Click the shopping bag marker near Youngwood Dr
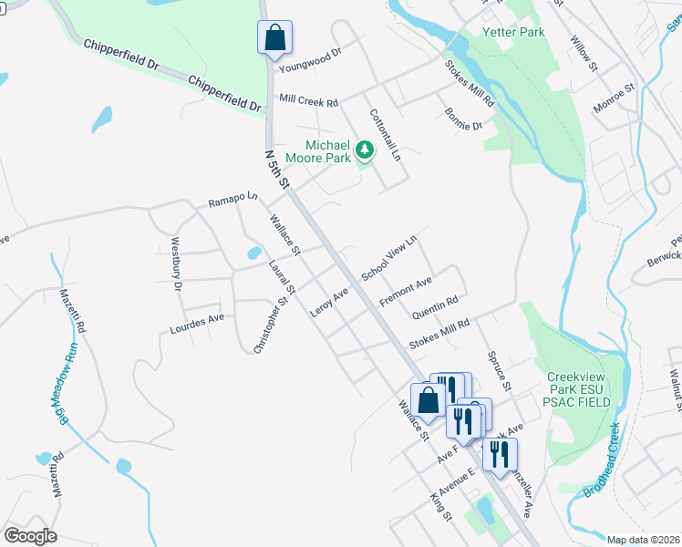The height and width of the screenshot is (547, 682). (x=274, y=38)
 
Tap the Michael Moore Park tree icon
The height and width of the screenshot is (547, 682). (x=365, y=148)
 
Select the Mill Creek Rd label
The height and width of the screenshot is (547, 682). (x=309, y=99)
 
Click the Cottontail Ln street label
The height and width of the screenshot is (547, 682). (x=386, y=136)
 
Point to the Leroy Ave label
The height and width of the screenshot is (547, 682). (x=329, y=304)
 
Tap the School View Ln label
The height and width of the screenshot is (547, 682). (x=389, y=258)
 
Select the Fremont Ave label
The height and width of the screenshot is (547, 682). (x=405, y=292)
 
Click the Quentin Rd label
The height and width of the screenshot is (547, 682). (x=435, y=308)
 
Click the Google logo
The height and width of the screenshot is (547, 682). (x=30, y=536)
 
